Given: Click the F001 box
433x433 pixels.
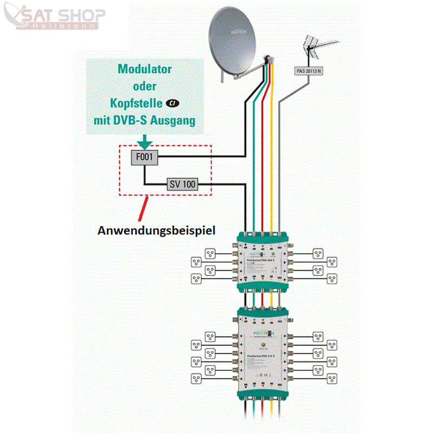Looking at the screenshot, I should click(144, 158).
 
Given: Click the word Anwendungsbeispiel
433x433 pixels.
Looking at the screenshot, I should click(156, 230).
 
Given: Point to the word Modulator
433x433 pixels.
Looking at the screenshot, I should click(145, 69).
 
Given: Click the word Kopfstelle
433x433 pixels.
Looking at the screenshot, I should click(136, 103).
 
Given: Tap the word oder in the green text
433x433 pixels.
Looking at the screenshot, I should click(145, 87).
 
